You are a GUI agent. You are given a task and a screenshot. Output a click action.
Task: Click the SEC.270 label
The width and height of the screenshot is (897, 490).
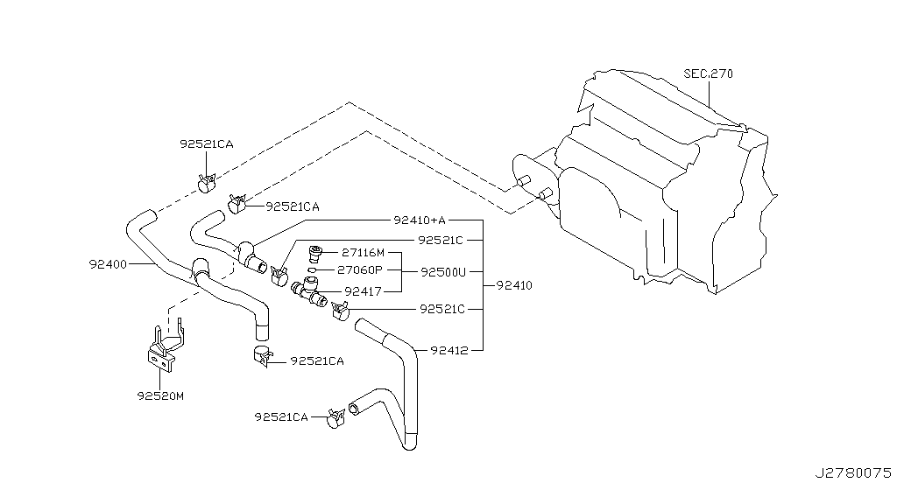[x=708, y=73]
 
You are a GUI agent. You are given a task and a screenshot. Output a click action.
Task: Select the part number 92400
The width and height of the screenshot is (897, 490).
[x=108, y=264]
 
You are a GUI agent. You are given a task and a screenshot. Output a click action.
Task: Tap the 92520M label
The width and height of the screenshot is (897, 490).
[x=160, y=395]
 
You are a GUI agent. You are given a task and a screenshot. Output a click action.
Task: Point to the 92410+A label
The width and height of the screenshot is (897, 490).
[x=420, y=220]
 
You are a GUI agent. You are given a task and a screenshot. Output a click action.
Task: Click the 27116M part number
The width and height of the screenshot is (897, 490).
[x=364, y=252]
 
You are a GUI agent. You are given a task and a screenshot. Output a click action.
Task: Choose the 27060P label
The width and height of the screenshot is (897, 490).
[x=360, y=270]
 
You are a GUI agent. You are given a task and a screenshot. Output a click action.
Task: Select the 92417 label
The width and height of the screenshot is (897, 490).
[x=364, y=292]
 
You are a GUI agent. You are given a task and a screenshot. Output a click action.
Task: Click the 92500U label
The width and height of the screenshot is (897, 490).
[x=443, y=272]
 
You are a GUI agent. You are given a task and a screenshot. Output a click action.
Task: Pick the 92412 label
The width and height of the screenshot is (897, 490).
[x=449, y=351]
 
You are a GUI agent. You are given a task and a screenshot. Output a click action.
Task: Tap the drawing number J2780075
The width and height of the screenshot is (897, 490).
[x=853, y=473]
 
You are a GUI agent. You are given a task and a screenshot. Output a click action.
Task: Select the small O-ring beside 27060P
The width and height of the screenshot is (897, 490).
[x=312, y=270]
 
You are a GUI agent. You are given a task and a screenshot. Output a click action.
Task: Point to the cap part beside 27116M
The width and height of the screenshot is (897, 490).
[x=315, y=253]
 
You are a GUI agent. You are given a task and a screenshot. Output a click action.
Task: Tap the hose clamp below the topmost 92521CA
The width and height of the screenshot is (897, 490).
[x=206, y=182]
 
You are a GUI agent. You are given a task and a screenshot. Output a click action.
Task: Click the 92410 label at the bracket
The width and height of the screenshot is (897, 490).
[x=514, y=285]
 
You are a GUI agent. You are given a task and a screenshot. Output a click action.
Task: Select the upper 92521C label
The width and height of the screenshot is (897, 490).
[x=441, y=241]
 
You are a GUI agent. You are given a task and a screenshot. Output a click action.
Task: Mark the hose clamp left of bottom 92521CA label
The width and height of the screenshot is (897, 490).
[x=335, y=418]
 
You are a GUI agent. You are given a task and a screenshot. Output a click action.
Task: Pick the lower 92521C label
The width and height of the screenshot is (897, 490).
[x=442, y=310]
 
